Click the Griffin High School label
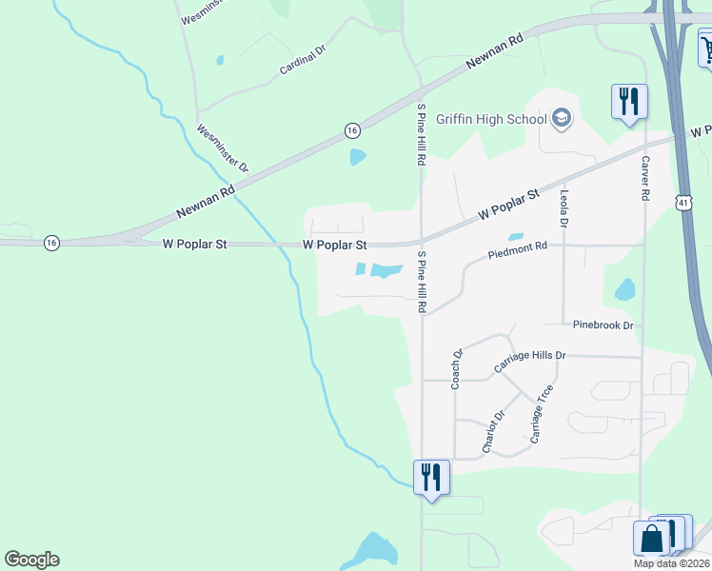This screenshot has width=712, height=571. pyautogui.click(x=491, y=119)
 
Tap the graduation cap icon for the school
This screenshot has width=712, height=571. pyautogui.click(x=562, y=118)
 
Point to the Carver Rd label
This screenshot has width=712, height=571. pyautogui.click(x=645, y=177)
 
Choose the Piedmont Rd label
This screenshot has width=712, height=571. pyautogui.click(x=518, y=252)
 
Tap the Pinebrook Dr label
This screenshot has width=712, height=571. pyautogui.click(x=603, y=325)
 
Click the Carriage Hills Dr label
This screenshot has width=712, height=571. pyautogui.click(x=529, y=362)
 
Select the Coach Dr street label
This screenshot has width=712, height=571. pyautogui.click(x=457, y=369)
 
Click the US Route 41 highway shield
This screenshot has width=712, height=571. pyautogui.click(x=683, y=202)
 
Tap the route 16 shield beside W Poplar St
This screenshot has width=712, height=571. pyautogui.click(x=51, y=244)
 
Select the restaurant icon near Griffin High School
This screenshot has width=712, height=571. pyautogui.click(x=628, y=100)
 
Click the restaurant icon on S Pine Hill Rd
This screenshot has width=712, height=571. pyautogui.click(x=430, y=477)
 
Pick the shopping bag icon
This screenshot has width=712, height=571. pyautogui.click(x=652, y=539)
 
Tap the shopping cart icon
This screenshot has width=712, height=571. pyautogui.click(x=707, y=48)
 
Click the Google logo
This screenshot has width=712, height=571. pyautogui.click(x=31, y=560)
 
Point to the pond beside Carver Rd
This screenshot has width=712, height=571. pyautogui.click(x=625, y=288)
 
